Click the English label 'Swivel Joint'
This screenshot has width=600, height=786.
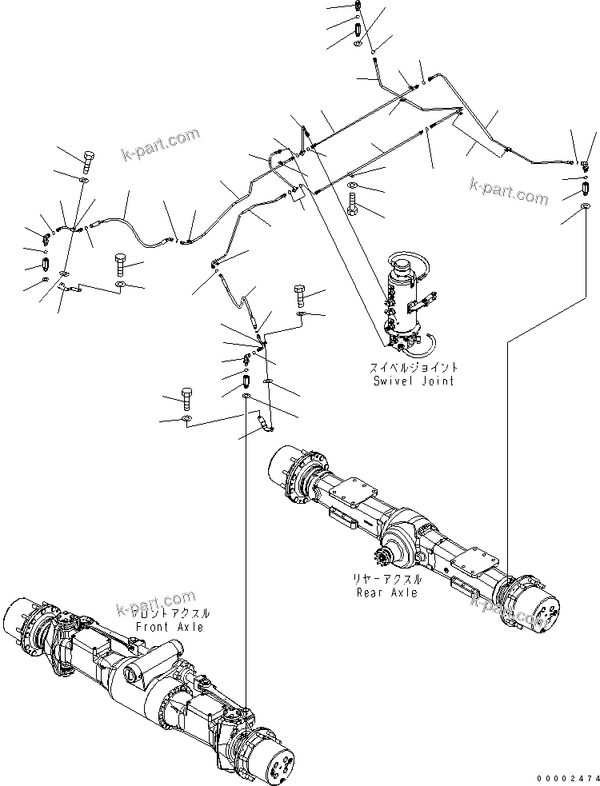414,381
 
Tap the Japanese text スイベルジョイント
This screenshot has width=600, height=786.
414,367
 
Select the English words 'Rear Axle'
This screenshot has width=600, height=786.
388,592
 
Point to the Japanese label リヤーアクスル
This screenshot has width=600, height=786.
388,579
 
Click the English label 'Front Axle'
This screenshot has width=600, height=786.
169,627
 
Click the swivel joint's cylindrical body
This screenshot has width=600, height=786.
399,304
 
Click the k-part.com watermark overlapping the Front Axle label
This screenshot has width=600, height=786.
156,604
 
